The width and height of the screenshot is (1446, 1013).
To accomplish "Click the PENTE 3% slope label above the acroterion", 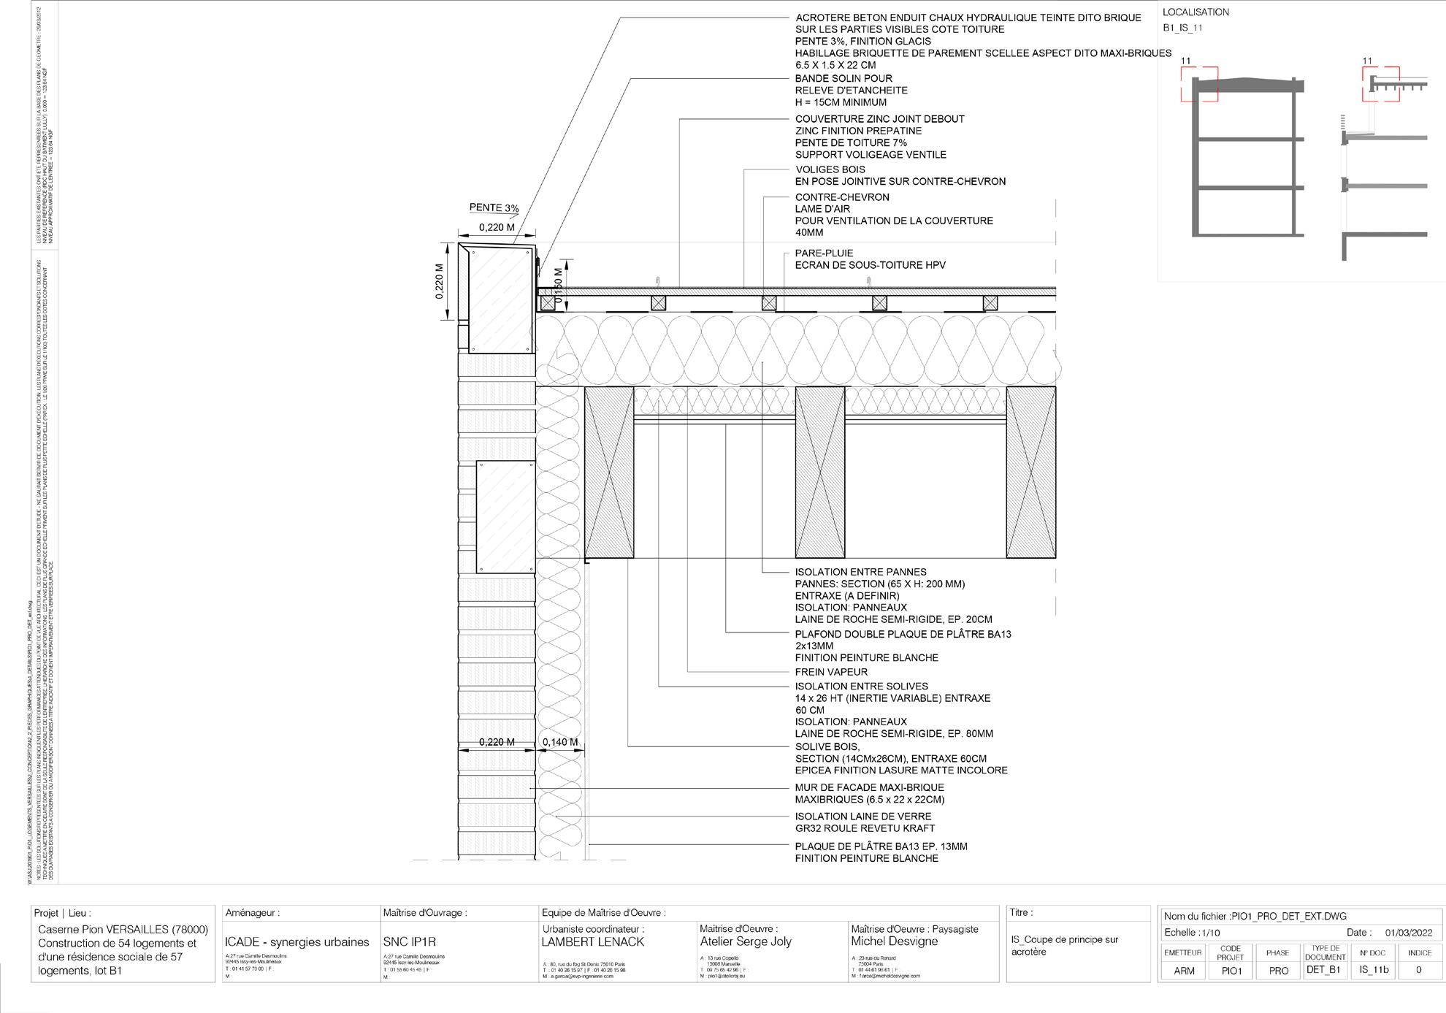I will coord(494,209).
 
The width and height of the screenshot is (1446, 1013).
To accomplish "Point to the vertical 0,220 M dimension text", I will coord(440,281).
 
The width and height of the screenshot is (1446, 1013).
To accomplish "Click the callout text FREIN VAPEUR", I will coord(831,672).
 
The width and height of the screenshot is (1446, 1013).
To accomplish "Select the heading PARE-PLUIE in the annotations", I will coord(825,253).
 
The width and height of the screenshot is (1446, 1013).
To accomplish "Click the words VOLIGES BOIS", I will coord(830,169).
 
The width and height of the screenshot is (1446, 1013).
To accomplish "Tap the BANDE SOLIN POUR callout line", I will coord(843,79).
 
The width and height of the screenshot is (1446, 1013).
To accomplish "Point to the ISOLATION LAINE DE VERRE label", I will coord(863,817).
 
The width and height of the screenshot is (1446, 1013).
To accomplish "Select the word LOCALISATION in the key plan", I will coord(1196,12).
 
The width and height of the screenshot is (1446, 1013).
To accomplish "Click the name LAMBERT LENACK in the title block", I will coord(592,942).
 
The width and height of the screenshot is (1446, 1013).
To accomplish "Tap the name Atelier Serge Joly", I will coord(746,942).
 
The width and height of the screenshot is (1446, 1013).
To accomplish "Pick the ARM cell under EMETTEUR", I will coord(1184,971).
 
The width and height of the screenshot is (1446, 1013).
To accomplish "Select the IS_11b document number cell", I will coord(1373,971).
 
